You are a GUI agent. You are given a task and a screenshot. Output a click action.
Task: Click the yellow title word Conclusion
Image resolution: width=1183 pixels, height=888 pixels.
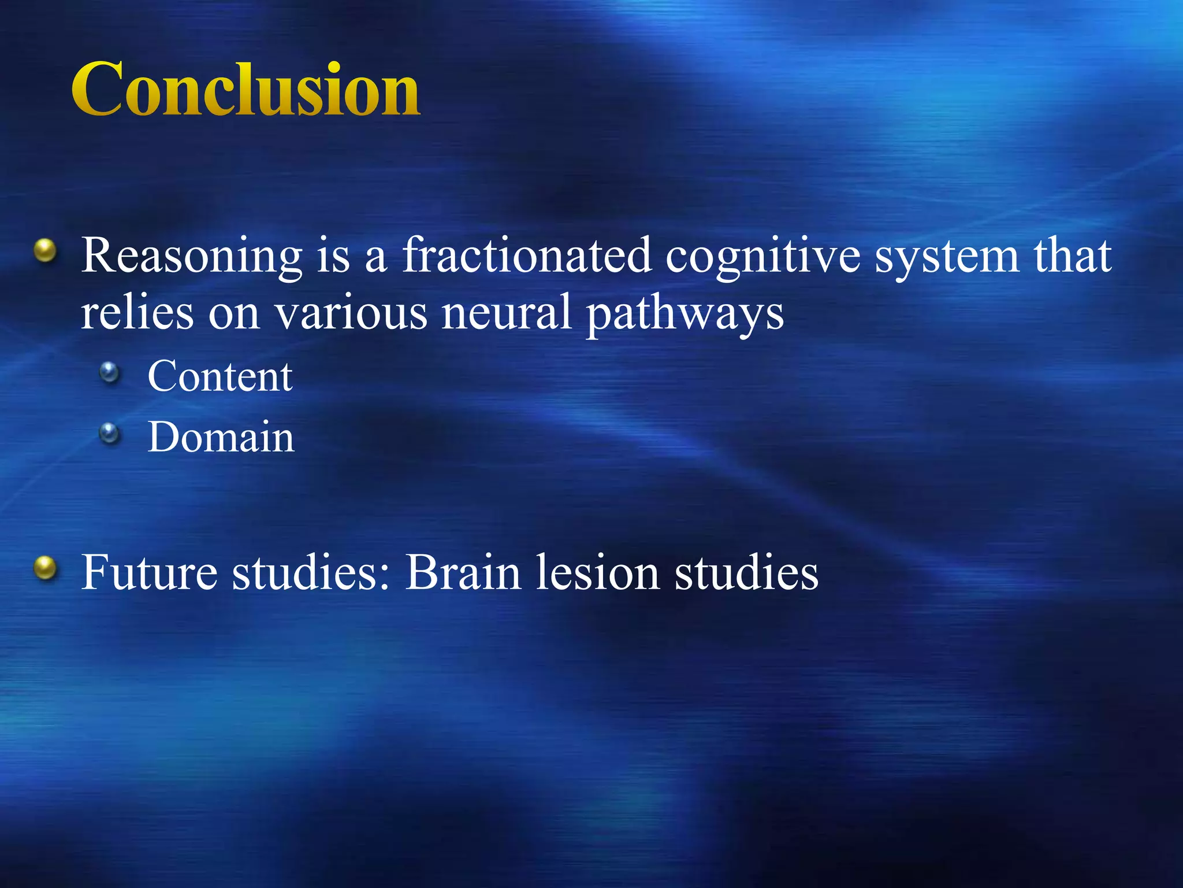point(245,90)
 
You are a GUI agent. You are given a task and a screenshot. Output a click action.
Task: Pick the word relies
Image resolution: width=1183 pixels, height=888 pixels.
point(137,312)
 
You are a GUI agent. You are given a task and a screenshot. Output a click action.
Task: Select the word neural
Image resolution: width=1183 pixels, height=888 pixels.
point(506,312)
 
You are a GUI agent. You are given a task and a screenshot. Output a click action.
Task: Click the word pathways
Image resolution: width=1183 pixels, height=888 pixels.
point(684,315)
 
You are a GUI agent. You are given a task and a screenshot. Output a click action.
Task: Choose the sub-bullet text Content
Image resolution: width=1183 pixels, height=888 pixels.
point(220,376)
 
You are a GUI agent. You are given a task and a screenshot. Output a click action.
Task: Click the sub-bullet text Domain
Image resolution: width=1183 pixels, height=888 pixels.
point(221,437)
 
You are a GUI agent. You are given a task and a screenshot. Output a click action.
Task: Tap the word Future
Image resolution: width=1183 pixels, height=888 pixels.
point(150,572)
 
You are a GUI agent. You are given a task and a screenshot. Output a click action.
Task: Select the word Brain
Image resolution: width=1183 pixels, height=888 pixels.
point(463,572)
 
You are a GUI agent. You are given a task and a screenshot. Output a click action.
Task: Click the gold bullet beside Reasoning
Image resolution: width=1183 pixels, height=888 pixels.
point(45,251)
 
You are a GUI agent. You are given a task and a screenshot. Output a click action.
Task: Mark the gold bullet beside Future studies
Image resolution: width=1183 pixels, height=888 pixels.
point(45,568)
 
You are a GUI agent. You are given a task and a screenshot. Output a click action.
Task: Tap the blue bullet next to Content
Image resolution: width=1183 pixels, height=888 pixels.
point(109,373)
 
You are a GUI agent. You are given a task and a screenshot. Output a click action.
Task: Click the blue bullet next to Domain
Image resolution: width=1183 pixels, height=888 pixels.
point(109,433)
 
